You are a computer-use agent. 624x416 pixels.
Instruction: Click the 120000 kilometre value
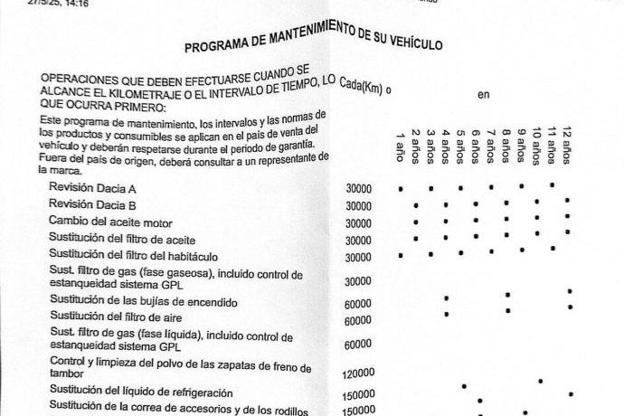coord(360,373)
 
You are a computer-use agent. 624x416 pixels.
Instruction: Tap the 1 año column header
coord(400,148)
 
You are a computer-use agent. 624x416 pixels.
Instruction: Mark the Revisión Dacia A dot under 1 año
coord(401,189)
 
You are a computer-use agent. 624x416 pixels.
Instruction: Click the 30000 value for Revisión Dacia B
coord(358,206)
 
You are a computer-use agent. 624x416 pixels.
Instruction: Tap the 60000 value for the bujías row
coord(358,304)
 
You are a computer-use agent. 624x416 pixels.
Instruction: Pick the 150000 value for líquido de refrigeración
coord(359,395)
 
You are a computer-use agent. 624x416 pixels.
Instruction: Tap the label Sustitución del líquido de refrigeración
coord(128,392)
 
